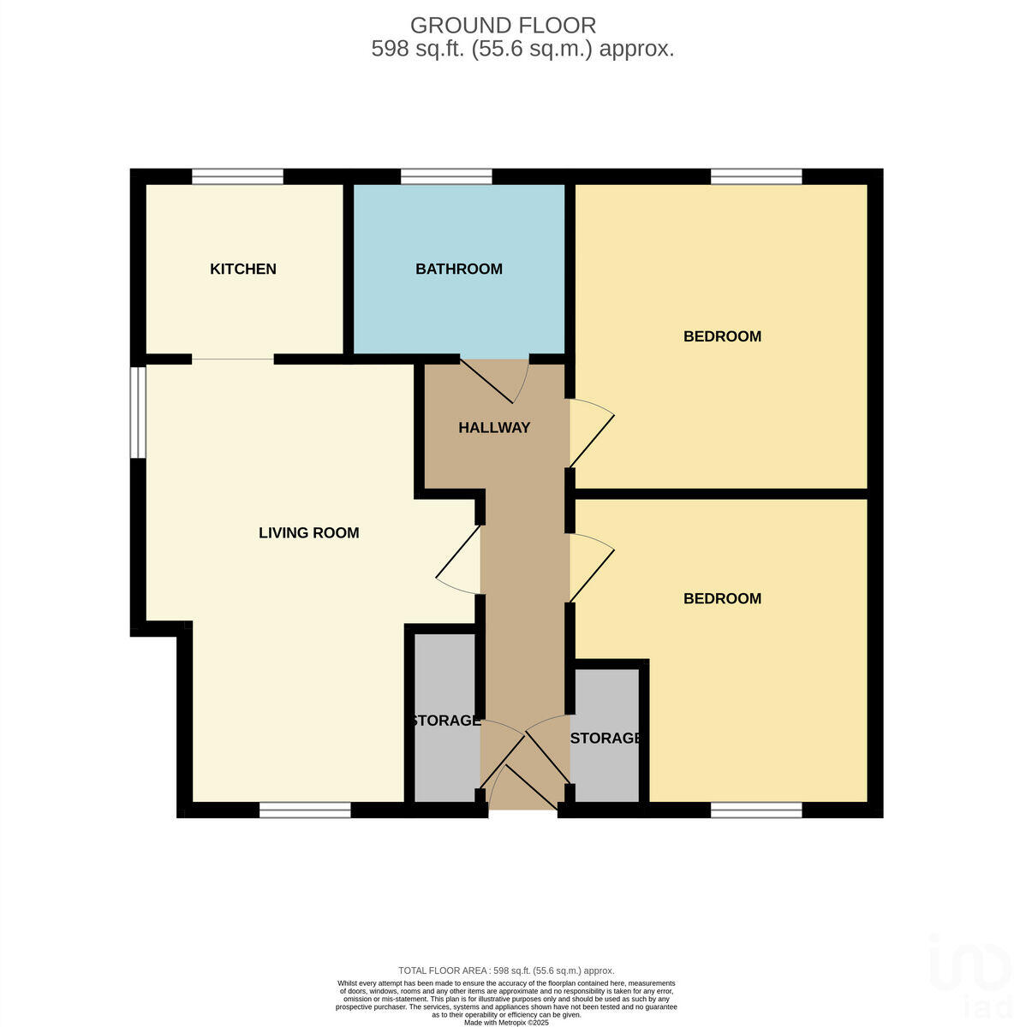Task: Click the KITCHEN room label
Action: click(243, 269)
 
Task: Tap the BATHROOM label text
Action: click(459, 269)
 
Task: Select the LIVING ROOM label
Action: click(309, 533)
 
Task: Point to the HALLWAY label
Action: click(494, 428)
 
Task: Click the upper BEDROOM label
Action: click(722, 336)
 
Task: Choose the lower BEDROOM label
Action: click(722, 598)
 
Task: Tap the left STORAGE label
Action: click(445, 721)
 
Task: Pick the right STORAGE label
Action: click(605, 738)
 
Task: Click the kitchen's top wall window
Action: click(237, 176)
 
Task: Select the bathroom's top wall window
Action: click(446, 176)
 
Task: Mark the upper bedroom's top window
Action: click(756, 176)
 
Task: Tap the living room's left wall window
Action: click(137, 413)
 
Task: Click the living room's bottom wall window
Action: click(305, 810)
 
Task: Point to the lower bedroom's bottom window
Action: click(756, 810)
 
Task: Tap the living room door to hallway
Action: click(457, 561)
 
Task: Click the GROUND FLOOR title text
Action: click(504, 26)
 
